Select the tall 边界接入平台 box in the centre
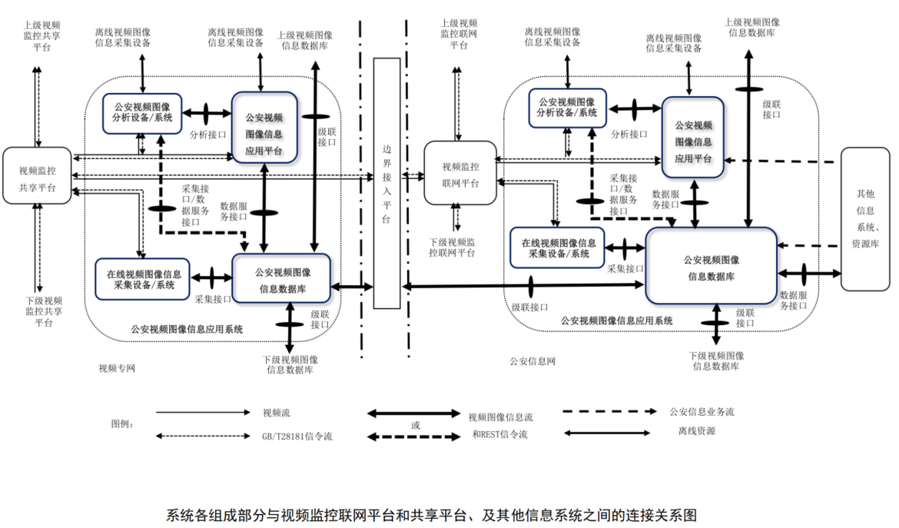click(x=386, y=183)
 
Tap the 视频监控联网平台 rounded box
click(x=460, y=174)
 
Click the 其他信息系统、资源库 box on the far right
click(x=865, y=218)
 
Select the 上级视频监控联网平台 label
click(x=459, y=35)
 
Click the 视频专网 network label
click(x=117, y=367)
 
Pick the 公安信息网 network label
click(x=532, y=360)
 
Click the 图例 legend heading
click(x=123, y=423)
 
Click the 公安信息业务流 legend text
click(x=702, y=412)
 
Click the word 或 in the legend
click(x=416, y=424)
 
